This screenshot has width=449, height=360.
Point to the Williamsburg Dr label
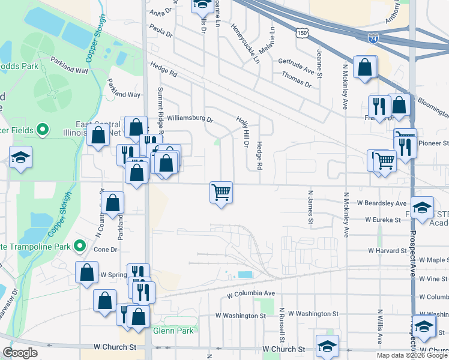click(x=190, y=119)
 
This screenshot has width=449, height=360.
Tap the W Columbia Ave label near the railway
click(x=251, y=294)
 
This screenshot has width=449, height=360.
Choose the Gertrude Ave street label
click(x=297, y=61)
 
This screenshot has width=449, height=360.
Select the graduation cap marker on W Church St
click(x=328, y=346)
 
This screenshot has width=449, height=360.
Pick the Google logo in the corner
click(x=20, y=353)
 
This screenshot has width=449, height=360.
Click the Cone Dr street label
click(x=105, y=249)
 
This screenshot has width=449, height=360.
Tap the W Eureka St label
click(x=384, y=220)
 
